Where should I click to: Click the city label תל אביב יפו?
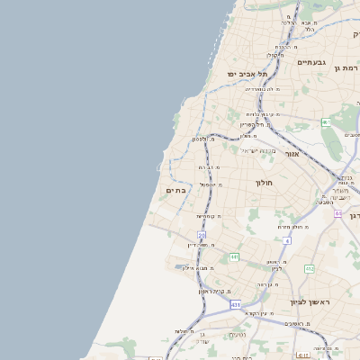[247, 73]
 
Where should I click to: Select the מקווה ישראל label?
[261, 150]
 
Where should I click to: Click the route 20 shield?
[202, 235]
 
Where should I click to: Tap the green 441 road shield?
[234, 257]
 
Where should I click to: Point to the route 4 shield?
[287, 241]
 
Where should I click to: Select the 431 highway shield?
[236, 305]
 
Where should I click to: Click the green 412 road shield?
[310, 268]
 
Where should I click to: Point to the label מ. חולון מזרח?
[295, 227]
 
